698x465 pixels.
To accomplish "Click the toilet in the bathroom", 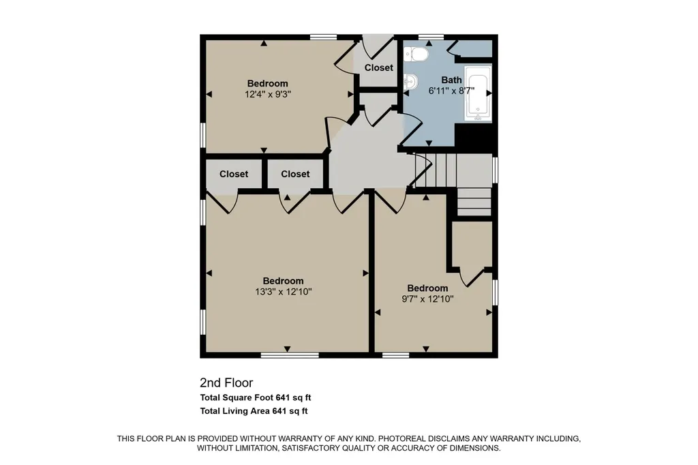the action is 416,55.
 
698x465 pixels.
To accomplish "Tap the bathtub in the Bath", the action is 478,93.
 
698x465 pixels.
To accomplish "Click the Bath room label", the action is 451,80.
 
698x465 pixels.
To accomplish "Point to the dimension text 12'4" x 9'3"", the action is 267,94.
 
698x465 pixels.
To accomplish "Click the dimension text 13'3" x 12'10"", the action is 283,292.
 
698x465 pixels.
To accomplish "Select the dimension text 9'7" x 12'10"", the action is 427,299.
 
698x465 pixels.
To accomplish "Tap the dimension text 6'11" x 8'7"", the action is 451,91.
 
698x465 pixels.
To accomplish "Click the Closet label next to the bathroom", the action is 379,67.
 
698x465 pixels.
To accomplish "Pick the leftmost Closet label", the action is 234,174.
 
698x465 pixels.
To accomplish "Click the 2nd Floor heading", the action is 226,382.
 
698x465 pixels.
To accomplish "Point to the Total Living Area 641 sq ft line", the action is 254,411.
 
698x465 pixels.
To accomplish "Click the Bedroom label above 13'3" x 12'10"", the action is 283,281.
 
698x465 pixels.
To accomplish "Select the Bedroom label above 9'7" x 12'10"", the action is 427,288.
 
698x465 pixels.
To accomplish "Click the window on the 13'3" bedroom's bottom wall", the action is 290,355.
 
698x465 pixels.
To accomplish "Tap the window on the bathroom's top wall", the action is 431,37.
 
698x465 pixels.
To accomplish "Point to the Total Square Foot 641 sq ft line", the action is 256,397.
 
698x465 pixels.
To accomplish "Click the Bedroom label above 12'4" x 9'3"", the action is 267,84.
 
